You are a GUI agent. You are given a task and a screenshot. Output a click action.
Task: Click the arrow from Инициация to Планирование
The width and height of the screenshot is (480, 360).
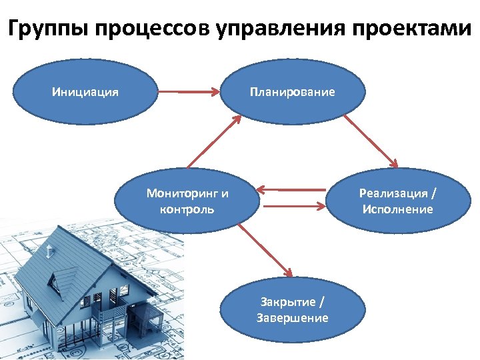(x=190, y=92)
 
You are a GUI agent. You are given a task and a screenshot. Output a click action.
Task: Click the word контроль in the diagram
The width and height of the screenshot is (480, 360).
(x=187, y=209)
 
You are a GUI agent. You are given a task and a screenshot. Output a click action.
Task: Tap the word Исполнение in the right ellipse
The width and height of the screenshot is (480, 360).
(x=397, y=209)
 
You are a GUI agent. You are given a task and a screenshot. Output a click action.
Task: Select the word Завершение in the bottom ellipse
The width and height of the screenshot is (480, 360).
(x=293, y=318)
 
